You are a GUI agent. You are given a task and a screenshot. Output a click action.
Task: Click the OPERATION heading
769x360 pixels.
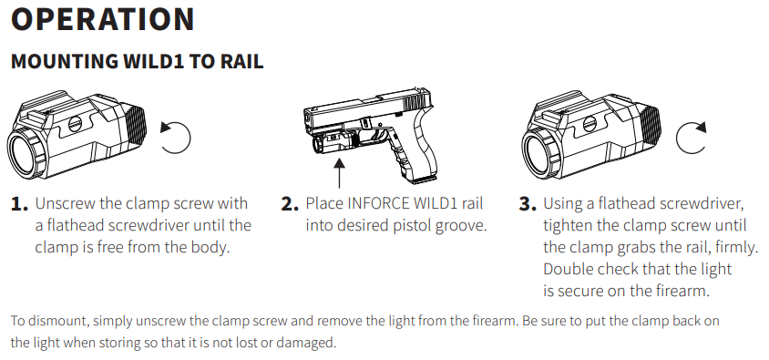(x=103, y=19)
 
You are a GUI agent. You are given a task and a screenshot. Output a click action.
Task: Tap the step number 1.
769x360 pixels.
(x=18, y=204)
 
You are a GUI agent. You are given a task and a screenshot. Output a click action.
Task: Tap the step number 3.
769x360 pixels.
(x=527, y=204)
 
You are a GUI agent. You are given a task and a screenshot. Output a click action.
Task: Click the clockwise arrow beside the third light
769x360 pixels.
(x=692, y=137)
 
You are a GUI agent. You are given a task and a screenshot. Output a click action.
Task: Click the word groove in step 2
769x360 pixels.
(x=459, y=224)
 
